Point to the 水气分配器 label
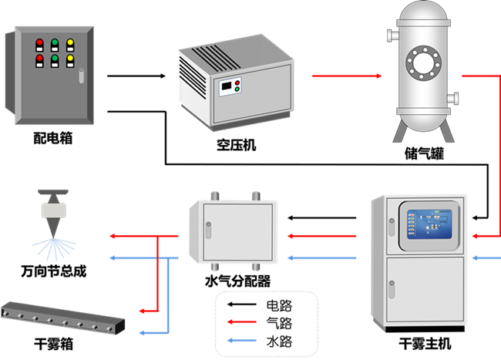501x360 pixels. pyautogui.click(x=237, y=281)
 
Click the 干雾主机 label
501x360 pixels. pyautogui.click(x=420, y=343)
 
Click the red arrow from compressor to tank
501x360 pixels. pyautogui.click(x=347, y=76)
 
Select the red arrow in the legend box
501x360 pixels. pyautogui.click(x=242, y=321)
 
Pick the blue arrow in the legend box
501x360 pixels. pyautogui.click(x=242, y=339)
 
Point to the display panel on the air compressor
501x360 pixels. pyautogui.click(x=229, y=86)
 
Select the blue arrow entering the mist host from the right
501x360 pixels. pyautogui.click(x=486, y=257)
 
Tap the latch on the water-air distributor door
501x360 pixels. pyautogui.click(x=207, y=227)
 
